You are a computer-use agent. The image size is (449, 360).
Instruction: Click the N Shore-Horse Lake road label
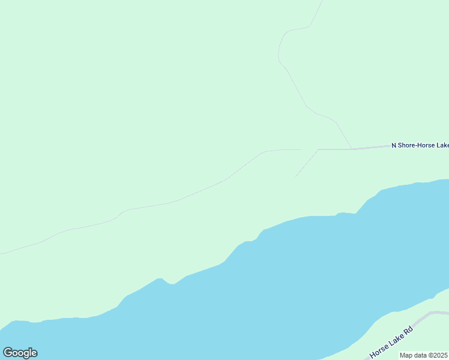(x=420, y=145)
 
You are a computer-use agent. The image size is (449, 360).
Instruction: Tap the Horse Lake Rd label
(x=392, y=343)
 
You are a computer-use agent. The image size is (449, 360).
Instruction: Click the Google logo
(x=20, y=353)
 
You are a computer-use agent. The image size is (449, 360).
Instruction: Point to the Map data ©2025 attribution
(x=424, y=355)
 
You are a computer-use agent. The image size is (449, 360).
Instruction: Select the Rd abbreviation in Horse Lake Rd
(x=408, y=331)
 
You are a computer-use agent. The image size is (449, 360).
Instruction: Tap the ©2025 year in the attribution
(x=438, y=355)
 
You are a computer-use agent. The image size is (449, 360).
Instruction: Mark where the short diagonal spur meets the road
(x=318, y=149)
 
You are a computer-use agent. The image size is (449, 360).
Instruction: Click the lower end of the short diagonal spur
(x=296, y=176)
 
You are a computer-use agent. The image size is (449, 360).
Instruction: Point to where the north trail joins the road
(x=352, y=149)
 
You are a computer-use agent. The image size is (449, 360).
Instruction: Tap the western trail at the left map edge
(x=2, y=253)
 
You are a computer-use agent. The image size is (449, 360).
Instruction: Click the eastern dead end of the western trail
(x=300, y=150)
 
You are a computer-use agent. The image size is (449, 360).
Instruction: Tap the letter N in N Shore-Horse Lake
(x=394, y=145)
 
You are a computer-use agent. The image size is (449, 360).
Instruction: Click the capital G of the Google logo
(x=8, y=353)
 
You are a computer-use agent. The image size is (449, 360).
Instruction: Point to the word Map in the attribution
(x=406, y=355)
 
